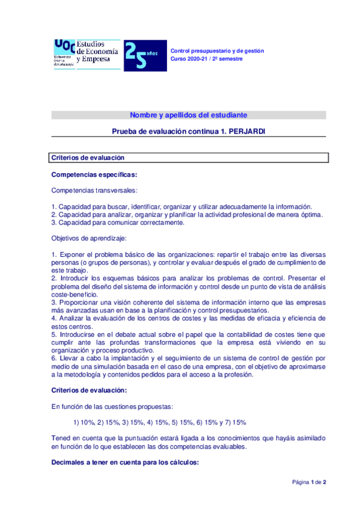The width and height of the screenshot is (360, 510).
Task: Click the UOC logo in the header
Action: coord(64,54)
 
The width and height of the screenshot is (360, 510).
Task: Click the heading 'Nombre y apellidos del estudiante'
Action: coord(188,115)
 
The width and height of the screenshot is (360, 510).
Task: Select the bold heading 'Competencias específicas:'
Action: coord(94,175)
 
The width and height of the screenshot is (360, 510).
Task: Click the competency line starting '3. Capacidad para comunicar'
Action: coord(118,223)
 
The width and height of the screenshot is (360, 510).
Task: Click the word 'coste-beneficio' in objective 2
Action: coord(74,295)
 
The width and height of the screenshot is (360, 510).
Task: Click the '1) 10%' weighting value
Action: coord(84,422)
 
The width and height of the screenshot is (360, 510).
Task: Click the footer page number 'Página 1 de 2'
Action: coord(309,482)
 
